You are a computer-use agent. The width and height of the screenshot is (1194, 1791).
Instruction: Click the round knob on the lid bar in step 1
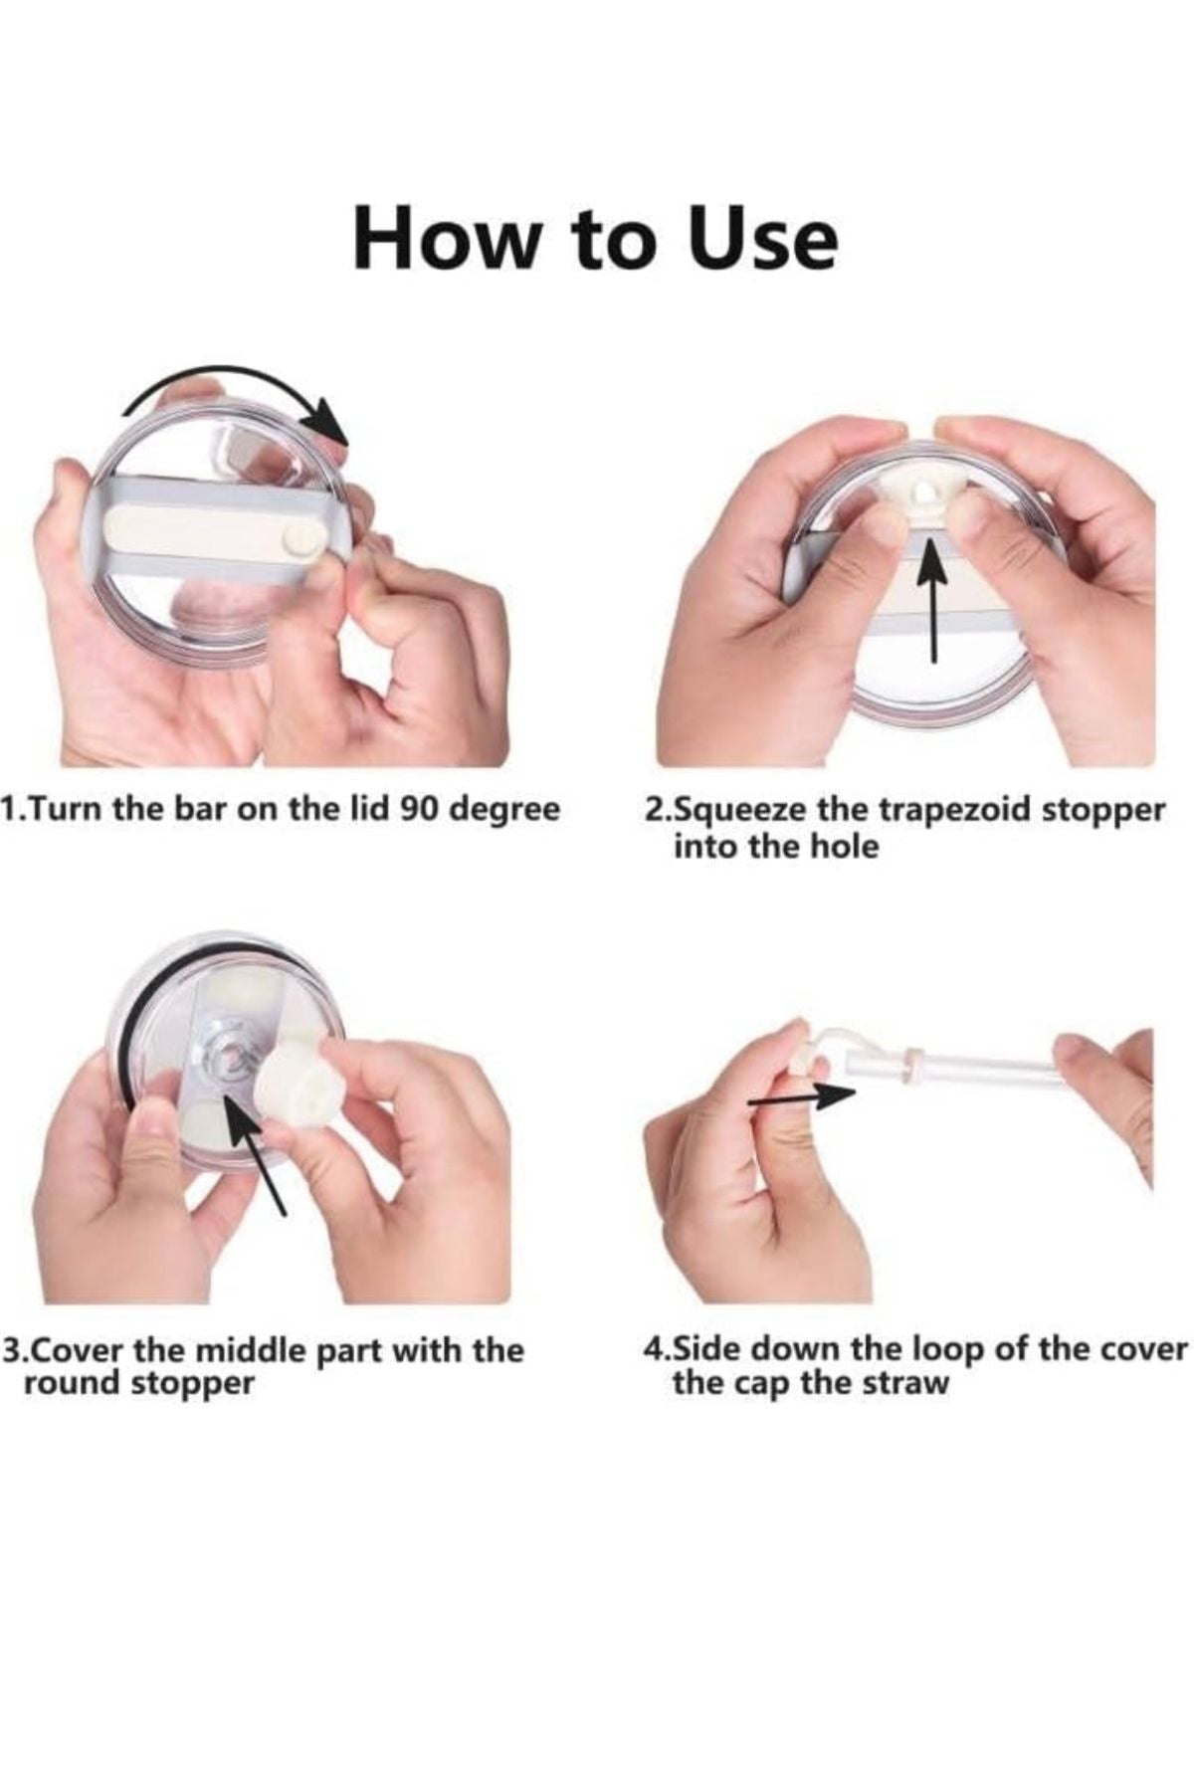(x=296, y=539)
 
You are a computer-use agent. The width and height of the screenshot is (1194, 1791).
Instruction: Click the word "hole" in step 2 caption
(x=847, y=847)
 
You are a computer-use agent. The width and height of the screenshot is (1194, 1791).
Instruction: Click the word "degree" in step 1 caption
(x=505, y=811)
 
